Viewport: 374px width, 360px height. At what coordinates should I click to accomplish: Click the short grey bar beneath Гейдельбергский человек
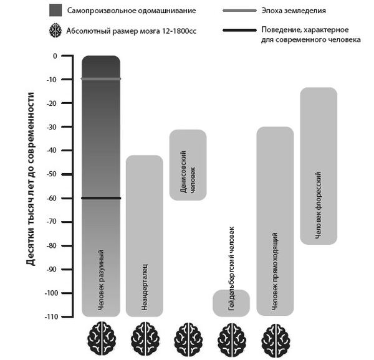231,303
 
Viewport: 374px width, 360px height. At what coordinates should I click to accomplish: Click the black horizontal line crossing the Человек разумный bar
101,198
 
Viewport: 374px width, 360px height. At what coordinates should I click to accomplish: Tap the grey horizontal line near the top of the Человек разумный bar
101,79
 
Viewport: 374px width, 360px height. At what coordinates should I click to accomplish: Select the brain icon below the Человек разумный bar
101,338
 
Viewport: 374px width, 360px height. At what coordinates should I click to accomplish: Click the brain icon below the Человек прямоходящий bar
275,338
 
